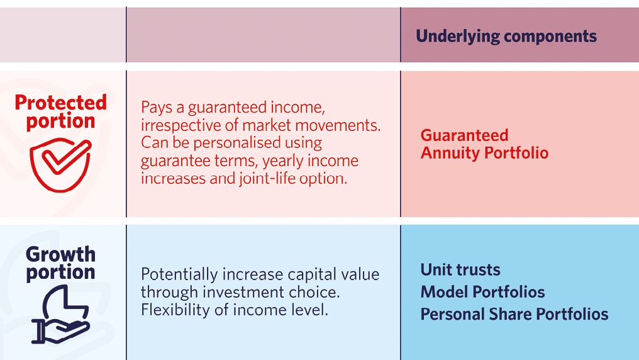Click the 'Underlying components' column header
coord(506,37)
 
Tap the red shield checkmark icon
coord(60,165)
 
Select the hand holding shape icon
coord(60,314)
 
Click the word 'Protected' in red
coord(61,103)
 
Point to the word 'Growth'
coord(61,254)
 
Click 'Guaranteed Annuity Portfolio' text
coord(484,144)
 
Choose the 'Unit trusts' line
coord(460,269)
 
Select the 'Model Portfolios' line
coord(482,292)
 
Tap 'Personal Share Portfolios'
coord(514,314)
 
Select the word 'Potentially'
coord(179,274)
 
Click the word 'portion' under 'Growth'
coord(61,273)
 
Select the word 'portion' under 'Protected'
coord(61,121)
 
